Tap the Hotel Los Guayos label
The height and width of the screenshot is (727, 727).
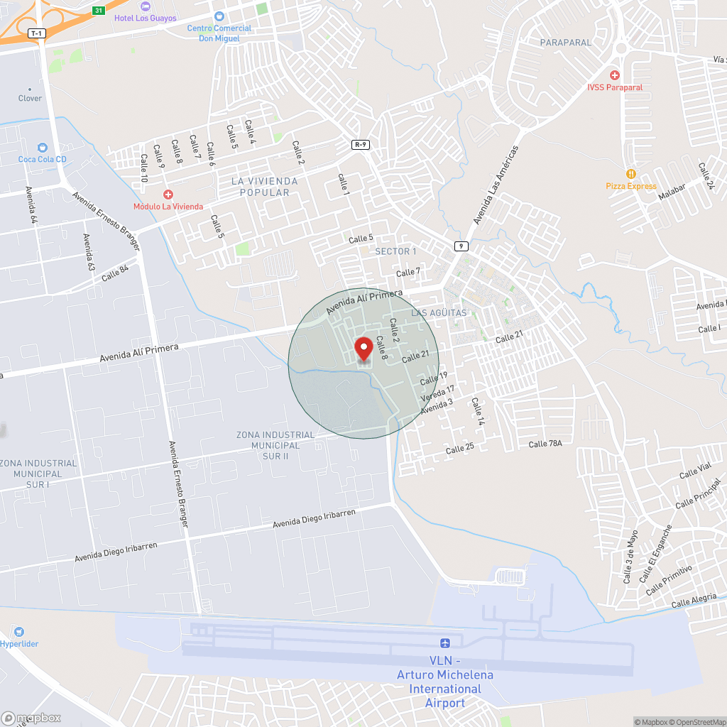coord(150,18)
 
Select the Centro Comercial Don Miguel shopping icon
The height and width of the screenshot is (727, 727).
coord(219,16)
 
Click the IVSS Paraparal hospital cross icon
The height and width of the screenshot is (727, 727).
coord(615,75)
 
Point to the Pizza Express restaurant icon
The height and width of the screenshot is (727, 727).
coord(630,174)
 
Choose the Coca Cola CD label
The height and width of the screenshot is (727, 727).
coord(43,159)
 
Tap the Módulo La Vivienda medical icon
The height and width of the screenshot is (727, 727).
coord(168,195)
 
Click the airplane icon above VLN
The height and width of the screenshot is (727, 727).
coord(445,643)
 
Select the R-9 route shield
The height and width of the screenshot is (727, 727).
coord(361,145)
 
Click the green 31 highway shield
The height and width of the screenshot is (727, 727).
coord(99,11)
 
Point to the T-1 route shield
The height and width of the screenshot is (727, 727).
coord(36,33)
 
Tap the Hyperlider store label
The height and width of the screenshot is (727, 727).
coord(19,644)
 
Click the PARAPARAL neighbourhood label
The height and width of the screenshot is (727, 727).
coord(565,43)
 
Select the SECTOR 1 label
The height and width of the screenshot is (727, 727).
coord(395,251)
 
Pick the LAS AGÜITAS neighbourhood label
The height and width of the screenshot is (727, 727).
coord(439,313)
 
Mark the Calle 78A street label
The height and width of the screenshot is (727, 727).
coord(545,444)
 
